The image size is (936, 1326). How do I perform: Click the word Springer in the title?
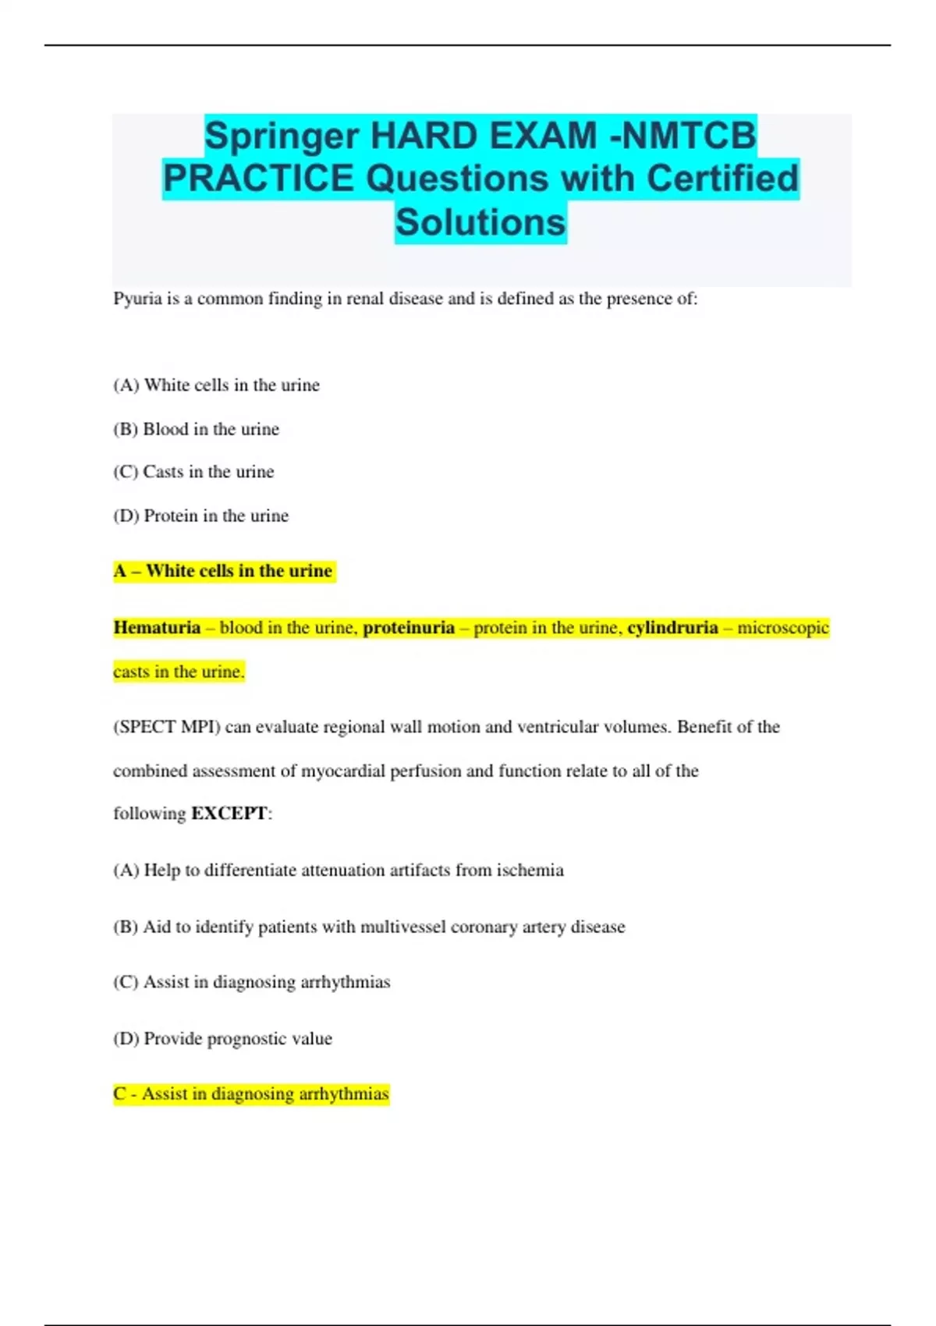[282, 136]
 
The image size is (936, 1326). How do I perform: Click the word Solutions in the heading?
[480, 222]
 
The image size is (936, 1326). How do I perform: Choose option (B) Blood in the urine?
[196, 429]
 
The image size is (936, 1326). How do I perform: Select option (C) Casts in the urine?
[193, 472]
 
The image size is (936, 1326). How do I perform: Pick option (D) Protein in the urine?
[200, 516]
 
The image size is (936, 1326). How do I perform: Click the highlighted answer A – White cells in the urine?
[224, 571]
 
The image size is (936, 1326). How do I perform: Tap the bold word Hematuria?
[157, 628]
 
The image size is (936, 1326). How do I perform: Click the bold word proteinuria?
[409, 628]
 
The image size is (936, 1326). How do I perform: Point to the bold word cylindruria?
[672, 628]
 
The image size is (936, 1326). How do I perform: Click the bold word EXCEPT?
[229, 814]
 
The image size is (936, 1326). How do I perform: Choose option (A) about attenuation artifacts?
[338, 870]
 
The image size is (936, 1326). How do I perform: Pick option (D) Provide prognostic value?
[222, 1039]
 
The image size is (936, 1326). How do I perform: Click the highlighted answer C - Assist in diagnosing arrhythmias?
[251, 1094]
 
